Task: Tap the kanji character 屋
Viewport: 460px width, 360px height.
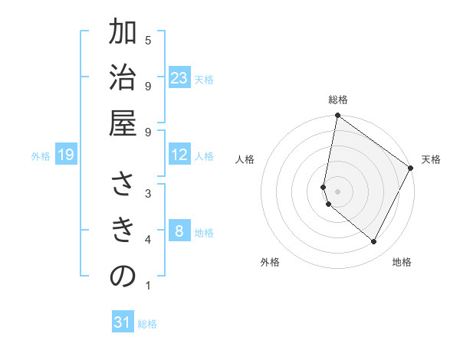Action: point(123,124)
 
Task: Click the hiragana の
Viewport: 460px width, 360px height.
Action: point(123,277)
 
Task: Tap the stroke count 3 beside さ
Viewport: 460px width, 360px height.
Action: point(147,193)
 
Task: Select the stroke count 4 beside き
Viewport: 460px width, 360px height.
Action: point(147,240)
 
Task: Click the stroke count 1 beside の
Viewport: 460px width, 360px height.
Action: point(147,286)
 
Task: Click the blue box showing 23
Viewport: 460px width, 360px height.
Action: point(179,78)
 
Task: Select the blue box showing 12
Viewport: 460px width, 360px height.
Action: point(179,155)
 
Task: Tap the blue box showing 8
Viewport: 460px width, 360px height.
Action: point(179,231)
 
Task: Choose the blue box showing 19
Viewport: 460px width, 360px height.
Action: point(65,155)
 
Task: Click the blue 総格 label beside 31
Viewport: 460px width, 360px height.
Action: point(147,324)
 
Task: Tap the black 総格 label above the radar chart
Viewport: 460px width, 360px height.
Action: point(338,100)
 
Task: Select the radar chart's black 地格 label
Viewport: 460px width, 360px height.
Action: point(402,262)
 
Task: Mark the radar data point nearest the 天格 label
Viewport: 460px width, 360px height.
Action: point(411,169)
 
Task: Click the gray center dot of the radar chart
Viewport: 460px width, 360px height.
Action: point(338,191)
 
